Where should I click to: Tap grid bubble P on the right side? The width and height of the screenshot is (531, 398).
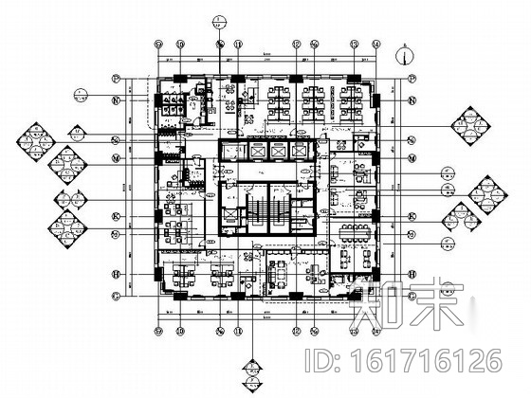point(412,79)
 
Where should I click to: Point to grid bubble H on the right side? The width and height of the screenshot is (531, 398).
point(412,275)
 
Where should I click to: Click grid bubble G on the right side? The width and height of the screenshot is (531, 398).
point(412,295)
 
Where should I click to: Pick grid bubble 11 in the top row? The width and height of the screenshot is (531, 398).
point(239,44)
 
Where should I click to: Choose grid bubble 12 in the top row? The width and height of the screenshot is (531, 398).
point(297,44)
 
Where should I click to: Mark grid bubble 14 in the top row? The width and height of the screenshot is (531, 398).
point(376,44)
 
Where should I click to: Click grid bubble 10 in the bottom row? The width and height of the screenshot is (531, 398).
point(219,330)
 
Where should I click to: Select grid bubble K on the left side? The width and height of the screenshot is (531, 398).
point(118,216)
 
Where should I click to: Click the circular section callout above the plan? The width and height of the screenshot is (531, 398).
point(219,19)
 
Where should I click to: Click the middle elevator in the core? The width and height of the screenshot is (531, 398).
point(279,152)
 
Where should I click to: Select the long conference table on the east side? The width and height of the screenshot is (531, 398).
point(357,230)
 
